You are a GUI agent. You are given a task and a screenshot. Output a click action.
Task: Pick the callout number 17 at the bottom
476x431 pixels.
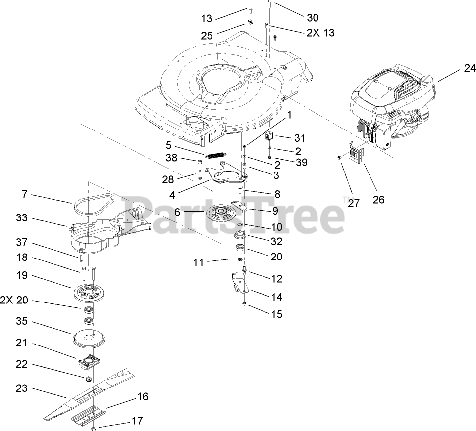[x=137, y=421]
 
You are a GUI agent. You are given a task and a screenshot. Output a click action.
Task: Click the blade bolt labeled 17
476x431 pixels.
[x=94, y=428]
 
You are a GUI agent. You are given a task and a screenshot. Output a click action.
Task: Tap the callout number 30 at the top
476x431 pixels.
[x=313, y=18]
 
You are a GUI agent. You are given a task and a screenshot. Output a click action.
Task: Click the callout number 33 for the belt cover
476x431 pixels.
[x=22, y=218]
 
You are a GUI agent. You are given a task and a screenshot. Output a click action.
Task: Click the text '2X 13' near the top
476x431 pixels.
[x=320, y=33]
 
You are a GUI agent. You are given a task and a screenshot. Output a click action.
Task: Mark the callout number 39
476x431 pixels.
[x=301, y=162]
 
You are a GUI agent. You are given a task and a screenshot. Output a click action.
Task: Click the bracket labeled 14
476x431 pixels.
[x=239, y=283]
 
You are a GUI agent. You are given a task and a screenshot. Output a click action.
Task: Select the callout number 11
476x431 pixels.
[x=198, y=262]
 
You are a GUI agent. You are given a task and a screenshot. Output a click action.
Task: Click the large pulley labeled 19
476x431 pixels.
[x=89, y=293]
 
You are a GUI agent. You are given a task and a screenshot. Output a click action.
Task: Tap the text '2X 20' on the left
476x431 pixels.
[x=14, y=300]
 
